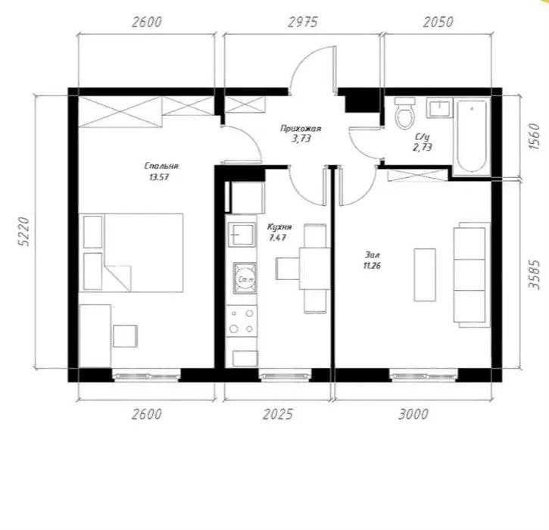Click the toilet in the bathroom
405,112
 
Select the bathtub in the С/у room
472,136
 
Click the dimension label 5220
23,232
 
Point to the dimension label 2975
302,22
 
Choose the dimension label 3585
535,274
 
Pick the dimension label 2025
278,414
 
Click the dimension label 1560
535,136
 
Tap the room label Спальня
161,166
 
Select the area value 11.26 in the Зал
372,266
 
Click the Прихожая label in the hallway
301,129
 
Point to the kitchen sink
242,235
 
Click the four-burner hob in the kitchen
241,321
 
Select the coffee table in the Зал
425,275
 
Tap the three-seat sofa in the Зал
472,275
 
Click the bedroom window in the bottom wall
146,376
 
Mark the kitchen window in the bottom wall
285,376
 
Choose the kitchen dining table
314,269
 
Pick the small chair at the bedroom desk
125,336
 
